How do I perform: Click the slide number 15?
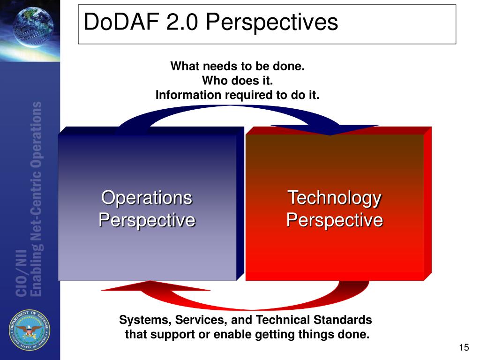coord(464,347)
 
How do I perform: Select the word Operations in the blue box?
coord(147,197)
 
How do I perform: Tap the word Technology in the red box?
coord(334,197)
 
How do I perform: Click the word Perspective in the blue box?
coord(147,219)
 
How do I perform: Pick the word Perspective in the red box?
coord(334,219)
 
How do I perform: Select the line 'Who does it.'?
coord(237,81)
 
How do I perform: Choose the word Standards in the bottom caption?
coord(343,320)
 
